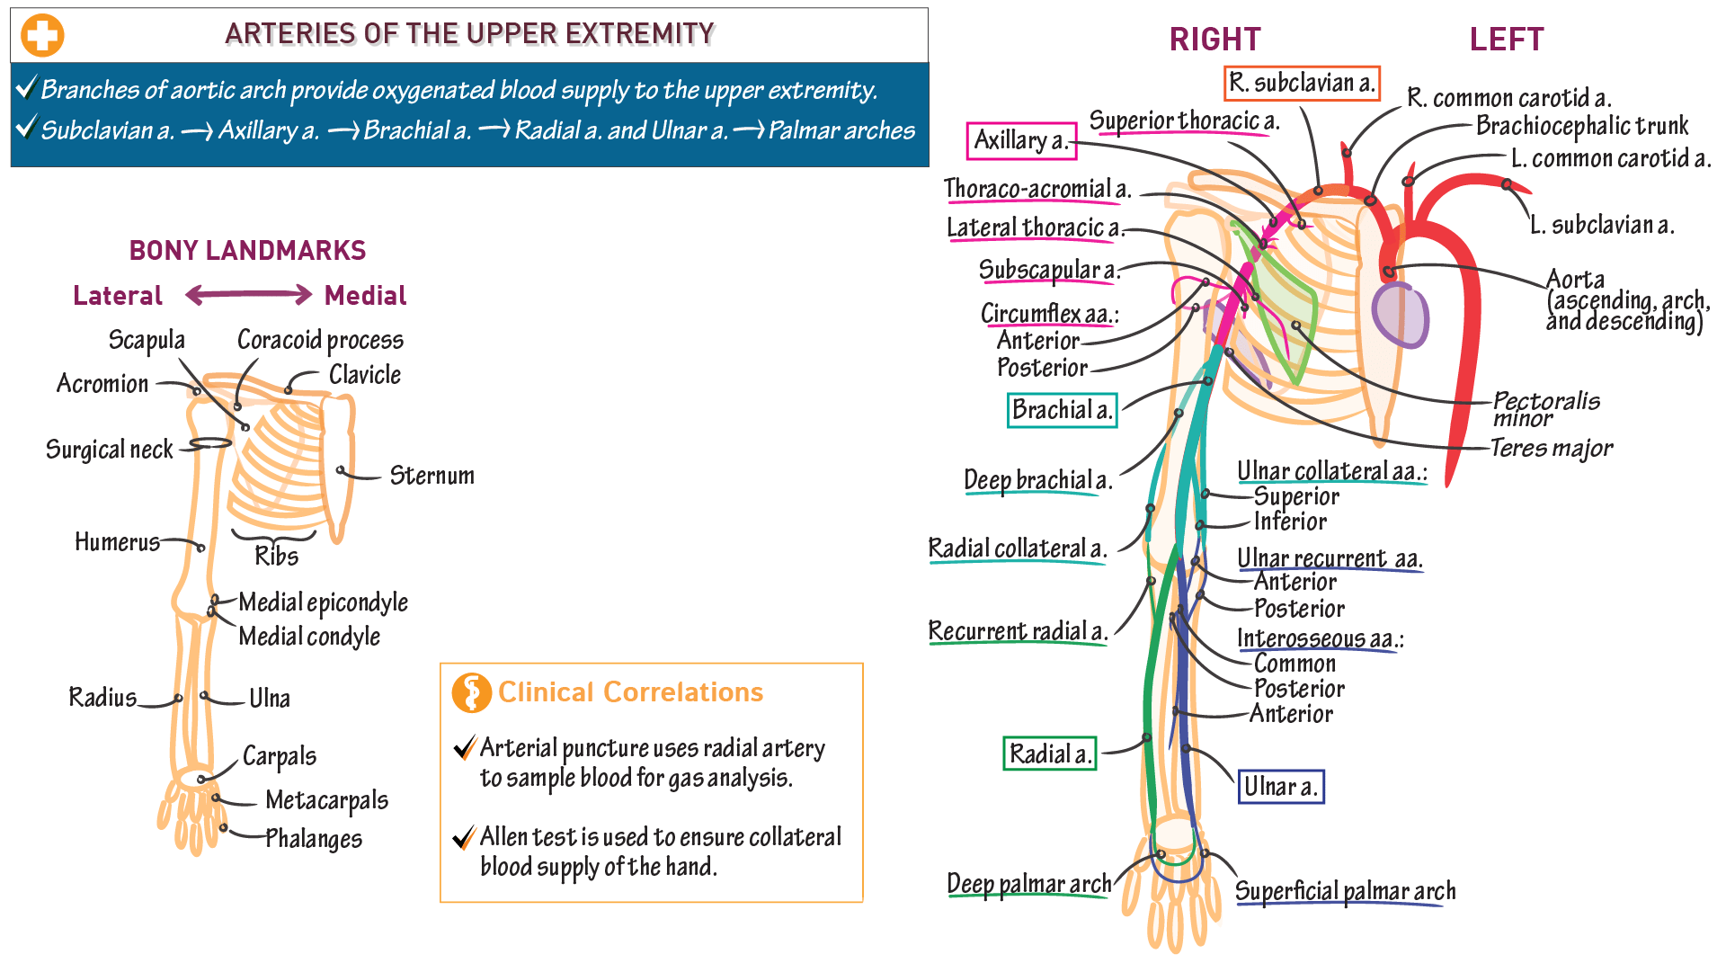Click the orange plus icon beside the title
(42, 36)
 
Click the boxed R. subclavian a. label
(1302, 84)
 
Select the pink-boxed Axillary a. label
(1021, 141)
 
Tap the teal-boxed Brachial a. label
(1062, 411)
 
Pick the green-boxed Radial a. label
(1049, 754)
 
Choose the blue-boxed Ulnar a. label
(1280, 787)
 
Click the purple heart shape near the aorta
(1400, 315)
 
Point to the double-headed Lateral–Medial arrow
(248, 295)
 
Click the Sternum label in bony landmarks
(431, 476)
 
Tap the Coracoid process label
(320, 341)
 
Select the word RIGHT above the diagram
(1214, 40)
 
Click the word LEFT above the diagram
(1506, 40)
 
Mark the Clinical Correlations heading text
(629, 692)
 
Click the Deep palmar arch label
(1028, 885)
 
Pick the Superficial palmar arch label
(1345, 891)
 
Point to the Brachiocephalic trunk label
(1581, 126)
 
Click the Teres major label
(1551, 448)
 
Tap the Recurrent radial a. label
(1017, 632)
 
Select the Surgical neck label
(109, 450)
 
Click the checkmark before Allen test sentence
(464, 838)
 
